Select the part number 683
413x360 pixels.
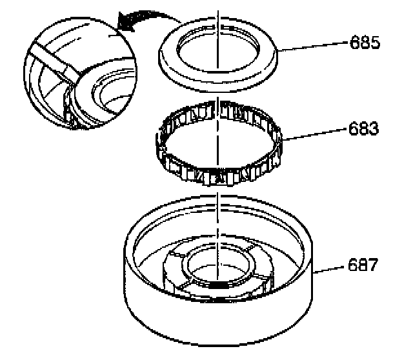[x=363, y=128]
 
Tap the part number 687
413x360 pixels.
[x=363, y=265]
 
